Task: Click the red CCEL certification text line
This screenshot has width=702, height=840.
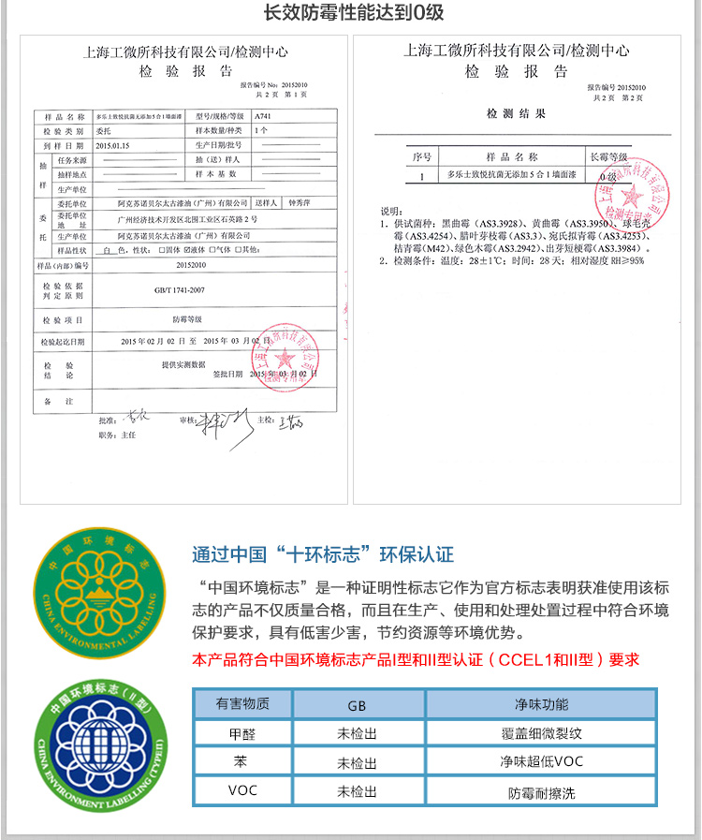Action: click(x=415, y=659)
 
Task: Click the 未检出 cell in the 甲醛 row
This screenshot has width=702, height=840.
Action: click(x=357, y=734)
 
